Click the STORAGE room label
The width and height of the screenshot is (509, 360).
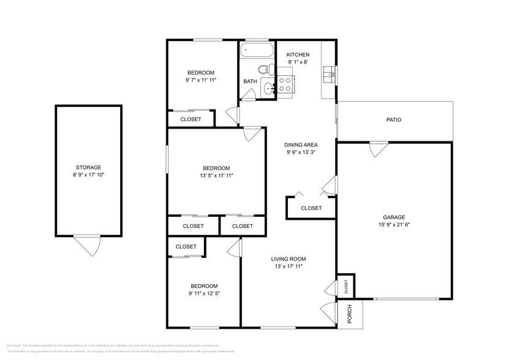(88, 167)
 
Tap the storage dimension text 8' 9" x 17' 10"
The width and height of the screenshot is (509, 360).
(88, 175)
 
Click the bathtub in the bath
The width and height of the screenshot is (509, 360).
(257, 50)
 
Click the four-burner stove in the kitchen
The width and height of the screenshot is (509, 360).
(285, 84)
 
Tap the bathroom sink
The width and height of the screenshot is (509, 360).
(268, 89)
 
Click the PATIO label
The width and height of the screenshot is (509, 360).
(393, 120)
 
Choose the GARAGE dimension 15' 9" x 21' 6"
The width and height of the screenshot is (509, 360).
(394, 225)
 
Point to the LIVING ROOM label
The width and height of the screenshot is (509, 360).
(288, 258)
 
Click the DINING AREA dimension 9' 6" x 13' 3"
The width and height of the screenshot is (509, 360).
(300, 152)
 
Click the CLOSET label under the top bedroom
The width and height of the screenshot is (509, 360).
(190, 119)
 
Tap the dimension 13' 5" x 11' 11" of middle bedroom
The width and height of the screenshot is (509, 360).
(217, 176)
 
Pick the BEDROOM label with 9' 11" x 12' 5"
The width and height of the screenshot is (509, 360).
(203, 286)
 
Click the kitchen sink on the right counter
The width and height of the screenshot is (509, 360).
(328, 74)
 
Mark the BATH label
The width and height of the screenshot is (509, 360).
(250, 81)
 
